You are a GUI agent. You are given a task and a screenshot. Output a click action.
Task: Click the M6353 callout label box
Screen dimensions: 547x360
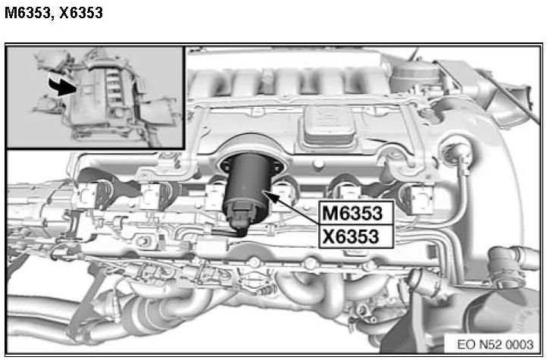[x=357, y=212]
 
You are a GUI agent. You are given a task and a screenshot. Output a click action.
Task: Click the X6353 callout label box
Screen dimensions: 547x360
[x=357, y=236]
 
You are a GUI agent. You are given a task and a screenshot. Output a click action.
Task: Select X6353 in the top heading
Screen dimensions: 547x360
[x=81, y=13]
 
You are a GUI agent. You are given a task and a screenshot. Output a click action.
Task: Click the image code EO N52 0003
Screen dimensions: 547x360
[x=495, y=345]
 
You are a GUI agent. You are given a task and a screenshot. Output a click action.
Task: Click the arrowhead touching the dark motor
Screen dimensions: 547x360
[x=273, y=197]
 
